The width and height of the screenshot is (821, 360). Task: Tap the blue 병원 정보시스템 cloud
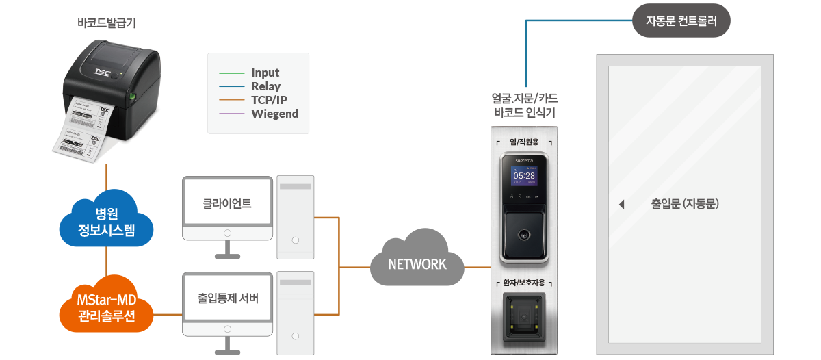point(107,219)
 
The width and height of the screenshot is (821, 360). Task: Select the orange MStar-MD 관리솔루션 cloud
point(107,307)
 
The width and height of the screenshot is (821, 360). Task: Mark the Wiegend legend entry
point(274,114)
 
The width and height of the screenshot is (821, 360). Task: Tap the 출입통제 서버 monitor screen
point(227,298)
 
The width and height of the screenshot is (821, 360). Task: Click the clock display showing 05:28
point(524,176)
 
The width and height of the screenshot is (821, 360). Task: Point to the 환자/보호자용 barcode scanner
point(524,319)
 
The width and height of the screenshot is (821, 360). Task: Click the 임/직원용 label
point(524,142)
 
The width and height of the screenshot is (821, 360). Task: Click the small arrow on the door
point(621,204)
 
